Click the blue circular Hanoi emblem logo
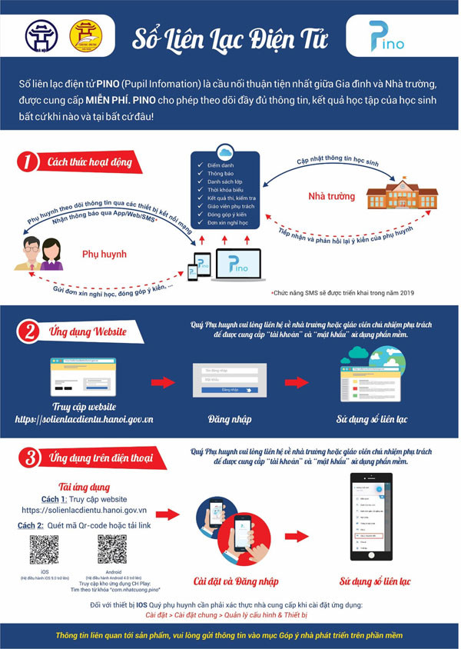click(x=41, y=35)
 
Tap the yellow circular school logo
click(x=86, y=35)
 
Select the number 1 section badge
click(x=28, y=162)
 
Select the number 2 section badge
click(x=28, y=332)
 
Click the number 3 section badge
click(x=28, y=459)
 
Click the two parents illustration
click(x=38, y=254)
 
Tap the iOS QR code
click(x=43, y=551)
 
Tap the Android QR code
click(x=112, y=551)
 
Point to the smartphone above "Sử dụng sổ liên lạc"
click(x=371, y=518)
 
